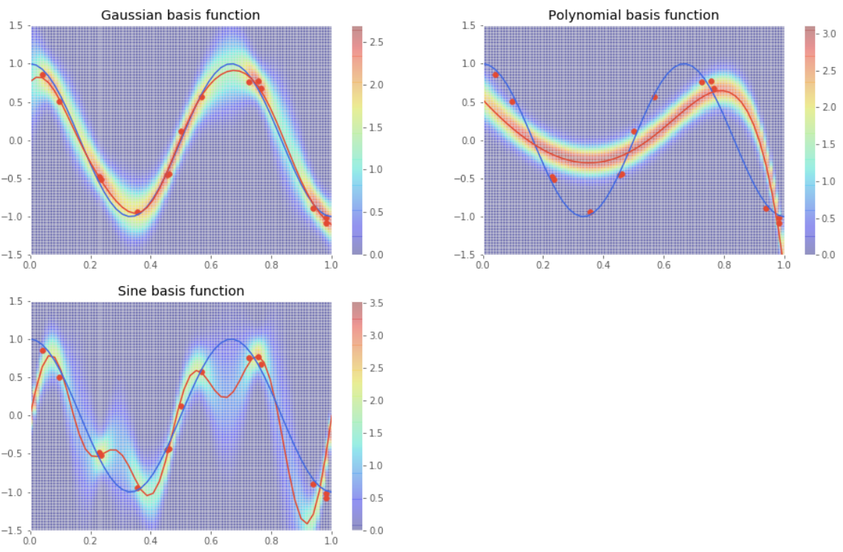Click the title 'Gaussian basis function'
coord(180,15)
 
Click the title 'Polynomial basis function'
coord(634,15)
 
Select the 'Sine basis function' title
coord(181,291)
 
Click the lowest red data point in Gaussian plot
coord(327,223)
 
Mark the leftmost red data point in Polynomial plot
coord(496,75)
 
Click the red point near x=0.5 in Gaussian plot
coord(181,131)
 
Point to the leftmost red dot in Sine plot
coord(43,351)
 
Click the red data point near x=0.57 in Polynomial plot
coord(654,97)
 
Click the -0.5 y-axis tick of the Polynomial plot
coord(468,179)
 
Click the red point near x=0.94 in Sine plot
coord(313,484)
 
